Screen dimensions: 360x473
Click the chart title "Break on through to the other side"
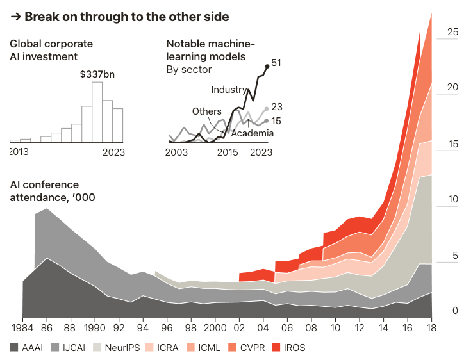click(126, 17)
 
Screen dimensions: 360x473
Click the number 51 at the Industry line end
click(276, 63)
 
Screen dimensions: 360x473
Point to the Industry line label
click(229, 90)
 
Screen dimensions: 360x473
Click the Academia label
click(252, 133)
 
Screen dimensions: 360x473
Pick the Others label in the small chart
click(206, 111)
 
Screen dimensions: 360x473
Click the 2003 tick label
click(176, 152)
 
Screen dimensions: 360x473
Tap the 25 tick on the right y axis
click(452, 31)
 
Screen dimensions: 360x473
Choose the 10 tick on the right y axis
click(452, 200)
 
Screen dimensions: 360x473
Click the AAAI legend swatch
click(15, 348)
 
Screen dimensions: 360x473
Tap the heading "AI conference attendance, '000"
click(53, 191)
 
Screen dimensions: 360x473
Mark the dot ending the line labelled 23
click(266, 109)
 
